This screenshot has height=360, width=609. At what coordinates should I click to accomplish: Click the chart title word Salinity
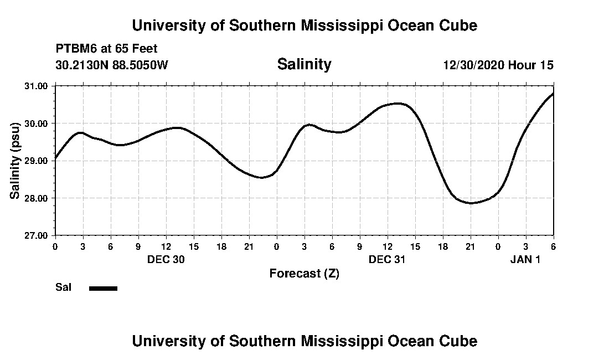tap(304, 64)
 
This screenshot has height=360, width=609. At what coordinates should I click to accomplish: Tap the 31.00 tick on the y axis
tap(37, 86)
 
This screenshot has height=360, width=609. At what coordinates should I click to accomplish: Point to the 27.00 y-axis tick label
tap(37, 235)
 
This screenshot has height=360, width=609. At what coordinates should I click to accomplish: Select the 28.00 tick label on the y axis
tap(37, 198)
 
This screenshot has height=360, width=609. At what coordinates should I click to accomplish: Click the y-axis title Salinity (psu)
tap(15, 160)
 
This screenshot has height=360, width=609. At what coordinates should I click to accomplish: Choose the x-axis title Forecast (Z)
tap(304, 273)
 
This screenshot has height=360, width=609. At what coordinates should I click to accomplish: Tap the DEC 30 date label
tap(166, 259)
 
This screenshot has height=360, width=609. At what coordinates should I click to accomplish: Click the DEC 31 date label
tap(387, 259)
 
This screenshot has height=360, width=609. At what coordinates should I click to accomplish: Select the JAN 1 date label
tap(525, 259)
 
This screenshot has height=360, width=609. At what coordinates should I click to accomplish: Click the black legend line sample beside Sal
tap(103, 288)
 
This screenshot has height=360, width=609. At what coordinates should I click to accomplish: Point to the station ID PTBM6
tap(75, 49)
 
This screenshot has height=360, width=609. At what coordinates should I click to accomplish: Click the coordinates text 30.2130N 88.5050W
tap(111, 65)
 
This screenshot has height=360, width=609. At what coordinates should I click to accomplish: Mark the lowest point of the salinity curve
tap(471, 203)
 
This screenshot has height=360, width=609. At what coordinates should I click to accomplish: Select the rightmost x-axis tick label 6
tap(553, 246)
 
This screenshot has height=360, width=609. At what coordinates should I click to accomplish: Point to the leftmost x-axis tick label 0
tap(55, 246)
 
